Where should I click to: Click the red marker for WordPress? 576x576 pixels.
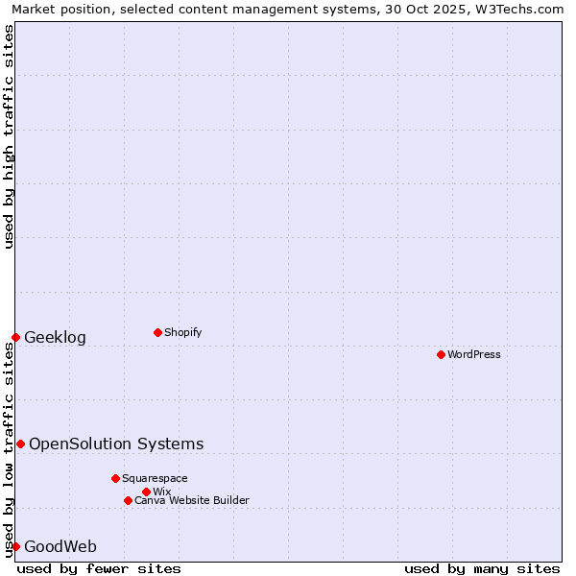coord(441,355)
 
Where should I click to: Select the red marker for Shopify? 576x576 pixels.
coord(157,333)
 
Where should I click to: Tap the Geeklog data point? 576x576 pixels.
coord(15,337)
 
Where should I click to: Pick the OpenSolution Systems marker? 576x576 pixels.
coord(20,444)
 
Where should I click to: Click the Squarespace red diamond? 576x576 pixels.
coord(115,478)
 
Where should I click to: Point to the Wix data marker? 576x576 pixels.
coord(146,492)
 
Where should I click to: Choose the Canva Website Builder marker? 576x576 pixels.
coord(128,500)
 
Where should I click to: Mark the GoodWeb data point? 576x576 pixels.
coord(15,546)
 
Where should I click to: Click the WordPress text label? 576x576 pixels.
coord(474,355)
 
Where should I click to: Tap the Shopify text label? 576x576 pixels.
coord(182,333)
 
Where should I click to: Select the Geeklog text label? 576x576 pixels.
coord(55,338)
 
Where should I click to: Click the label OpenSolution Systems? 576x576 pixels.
coord(116,444)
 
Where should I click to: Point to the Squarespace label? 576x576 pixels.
coord(155,478)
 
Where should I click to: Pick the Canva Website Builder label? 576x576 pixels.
coord(192,500)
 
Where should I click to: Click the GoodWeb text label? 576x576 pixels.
coord(60,547)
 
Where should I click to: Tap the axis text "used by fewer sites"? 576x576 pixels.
coord(99,568)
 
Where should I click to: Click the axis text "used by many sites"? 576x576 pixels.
coord(482,568)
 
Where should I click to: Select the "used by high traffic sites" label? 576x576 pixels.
coord(9,136)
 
